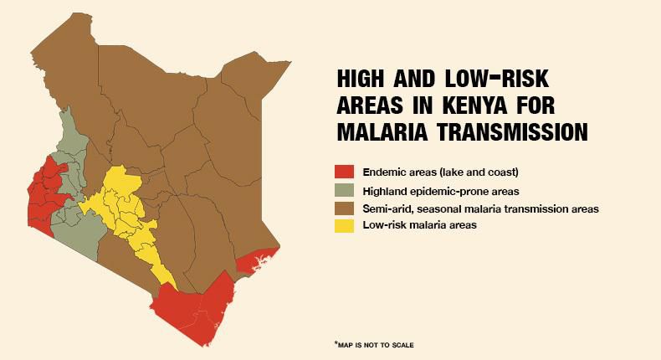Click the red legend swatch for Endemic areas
click(344, 172)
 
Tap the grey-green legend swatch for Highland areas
click(344, 190)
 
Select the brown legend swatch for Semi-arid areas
click(344, 208)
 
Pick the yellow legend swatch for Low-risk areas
click(344, 226)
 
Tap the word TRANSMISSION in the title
click(512, 131)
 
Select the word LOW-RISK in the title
click(497, 79)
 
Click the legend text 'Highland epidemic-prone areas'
click(440, 191)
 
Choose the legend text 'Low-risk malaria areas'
click(419, 225)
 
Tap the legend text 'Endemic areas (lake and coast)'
click(440, 172)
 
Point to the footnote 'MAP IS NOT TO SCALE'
click(376, 345)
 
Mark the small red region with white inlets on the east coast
click(255, 262)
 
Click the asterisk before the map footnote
click(336, 343)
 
